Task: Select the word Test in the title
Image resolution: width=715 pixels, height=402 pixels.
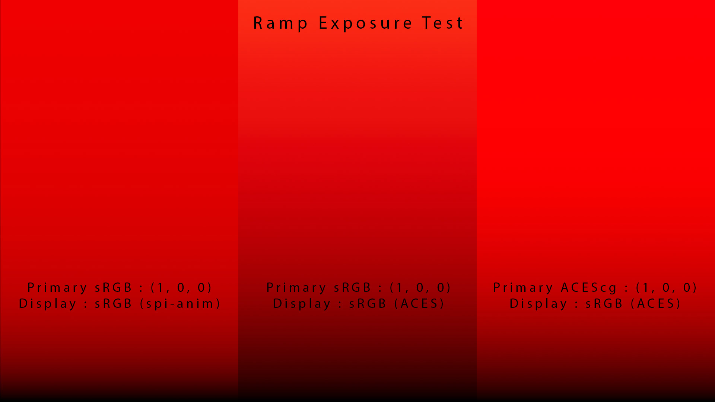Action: (443, 23)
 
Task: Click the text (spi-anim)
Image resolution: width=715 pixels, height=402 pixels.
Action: (180, 304)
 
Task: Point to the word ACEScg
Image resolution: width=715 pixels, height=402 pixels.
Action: (589, 288)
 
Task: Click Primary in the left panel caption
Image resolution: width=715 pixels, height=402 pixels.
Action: (57, 288)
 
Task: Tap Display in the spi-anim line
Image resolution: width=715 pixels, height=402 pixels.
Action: (48, 304)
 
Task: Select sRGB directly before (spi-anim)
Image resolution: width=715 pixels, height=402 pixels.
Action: (113, 304)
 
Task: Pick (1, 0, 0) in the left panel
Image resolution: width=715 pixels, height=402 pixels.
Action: (181, 288)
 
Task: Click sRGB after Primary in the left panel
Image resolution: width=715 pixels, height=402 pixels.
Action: (113, 288)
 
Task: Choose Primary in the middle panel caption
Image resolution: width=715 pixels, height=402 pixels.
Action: (296, 288)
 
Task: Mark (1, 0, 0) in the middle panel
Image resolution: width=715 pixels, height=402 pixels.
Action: (420, 288)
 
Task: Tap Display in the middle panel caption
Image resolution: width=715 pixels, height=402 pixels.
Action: (302, 304)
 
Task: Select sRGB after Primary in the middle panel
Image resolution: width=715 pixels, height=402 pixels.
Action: (352, 288)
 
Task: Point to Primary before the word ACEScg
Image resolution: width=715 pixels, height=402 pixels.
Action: (523, 288)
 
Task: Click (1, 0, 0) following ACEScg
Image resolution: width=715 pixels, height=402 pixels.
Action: (667, 288)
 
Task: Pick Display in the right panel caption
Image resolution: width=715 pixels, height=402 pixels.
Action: (538, 304)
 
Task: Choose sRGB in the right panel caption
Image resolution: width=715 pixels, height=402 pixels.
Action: (604, 304)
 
